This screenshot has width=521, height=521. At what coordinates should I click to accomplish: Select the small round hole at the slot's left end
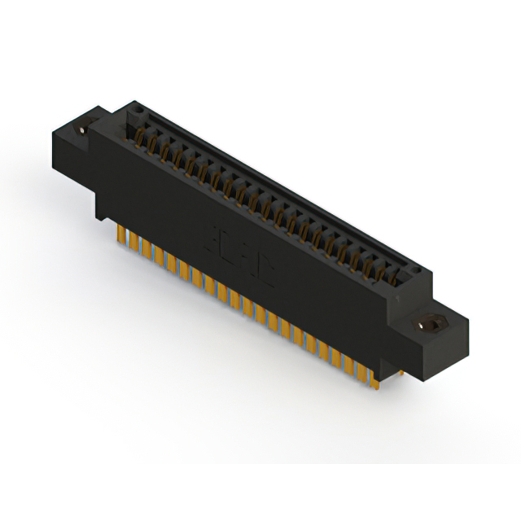pos(139,108)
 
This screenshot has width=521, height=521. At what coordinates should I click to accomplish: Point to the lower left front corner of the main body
pos(99,217)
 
